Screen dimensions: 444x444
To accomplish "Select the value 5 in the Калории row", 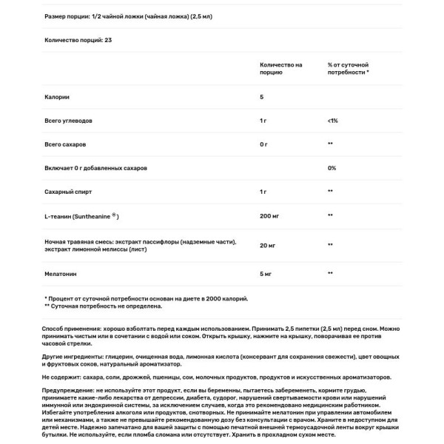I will coord(262,96).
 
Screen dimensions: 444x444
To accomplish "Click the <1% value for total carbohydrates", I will coord(332,120).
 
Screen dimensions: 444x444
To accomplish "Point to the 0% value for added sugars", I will coord(332,168).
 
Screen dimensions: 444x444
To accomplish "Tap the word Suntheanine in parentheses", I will coord(92,215).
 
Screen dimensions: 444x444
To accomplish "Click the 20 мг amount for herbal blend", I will coord(267,243).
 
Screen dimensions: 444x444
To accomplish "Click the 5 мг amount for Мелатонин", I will coord(266,273).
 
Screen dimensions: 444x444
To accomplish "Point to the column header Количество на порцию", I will coord(281,69).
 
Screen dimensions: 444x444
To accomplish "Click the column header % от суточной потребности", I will coord(349,69).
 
